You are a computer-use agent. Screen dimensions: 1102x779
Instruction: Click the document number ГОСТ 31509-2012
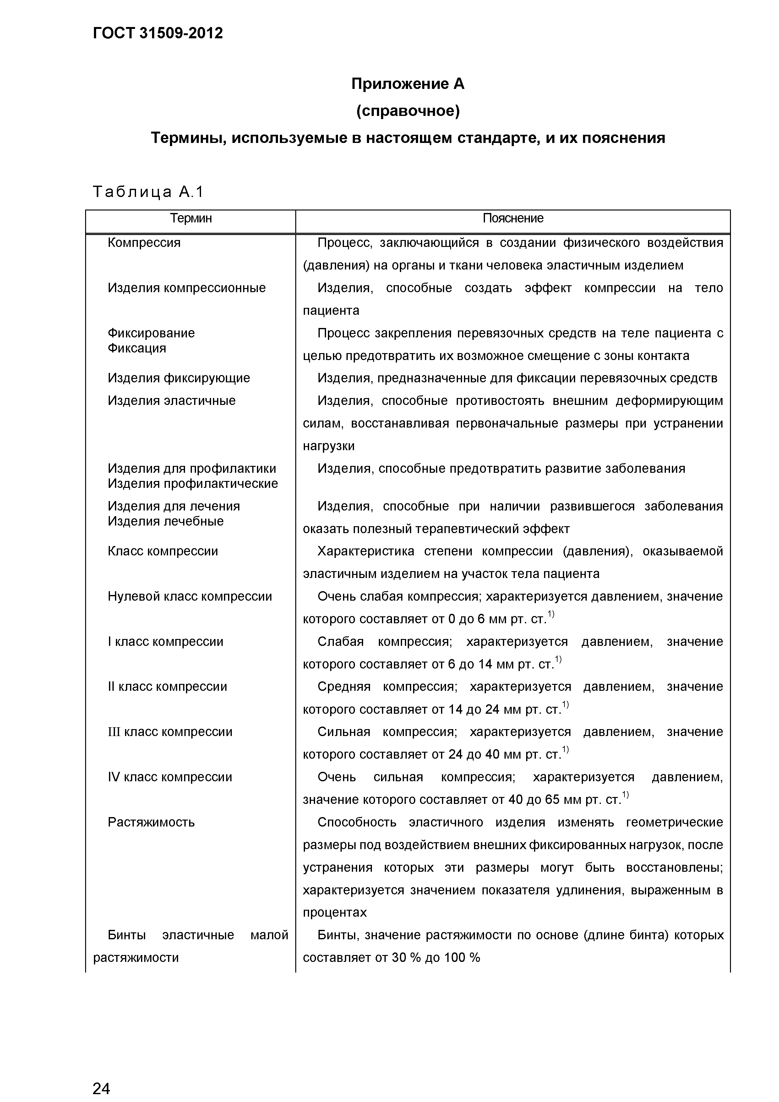tap(158, 33)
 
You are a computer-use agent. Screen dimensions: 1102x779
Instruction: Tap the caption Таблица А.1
tap(148, 192)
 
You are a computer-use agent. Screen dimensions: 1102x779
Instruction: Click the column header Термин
tap(191, 218)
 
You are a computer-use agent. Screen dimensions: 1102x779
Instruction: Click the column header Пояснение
tap(513, 218)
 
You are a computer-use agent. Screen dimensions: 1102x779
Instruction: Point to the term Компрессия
tap(144, 243)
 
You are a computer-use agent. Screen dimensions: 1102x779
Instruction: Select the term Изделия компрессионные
tap(186, 288)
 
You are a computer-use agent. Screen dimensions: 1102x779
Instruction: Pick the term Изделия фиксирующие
tap(178, 378)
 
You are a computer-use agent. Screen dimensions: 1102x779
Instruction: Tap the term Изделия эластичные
tap(172, 401)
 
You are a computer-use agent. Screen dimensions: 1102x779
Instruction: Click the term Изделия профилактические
tap(193, 483)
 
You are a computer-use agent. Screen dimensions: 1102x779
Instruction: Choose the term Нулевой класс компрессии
tap(190, 597)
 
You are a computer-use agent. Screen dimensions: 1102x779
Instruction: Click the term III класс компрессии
tap(170, 732)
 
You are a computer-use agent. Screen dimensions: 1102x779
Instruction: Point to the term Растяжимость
tap(151, 822)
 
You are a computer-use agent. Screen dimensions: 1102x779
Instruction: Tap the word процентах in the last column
tap(335, 912)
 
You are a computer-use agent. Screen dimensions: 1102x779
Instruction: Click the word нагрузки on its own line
tap(328, 446)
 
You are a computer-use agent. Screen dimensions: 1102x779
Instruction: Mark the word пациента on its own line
tap(331, 311)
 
